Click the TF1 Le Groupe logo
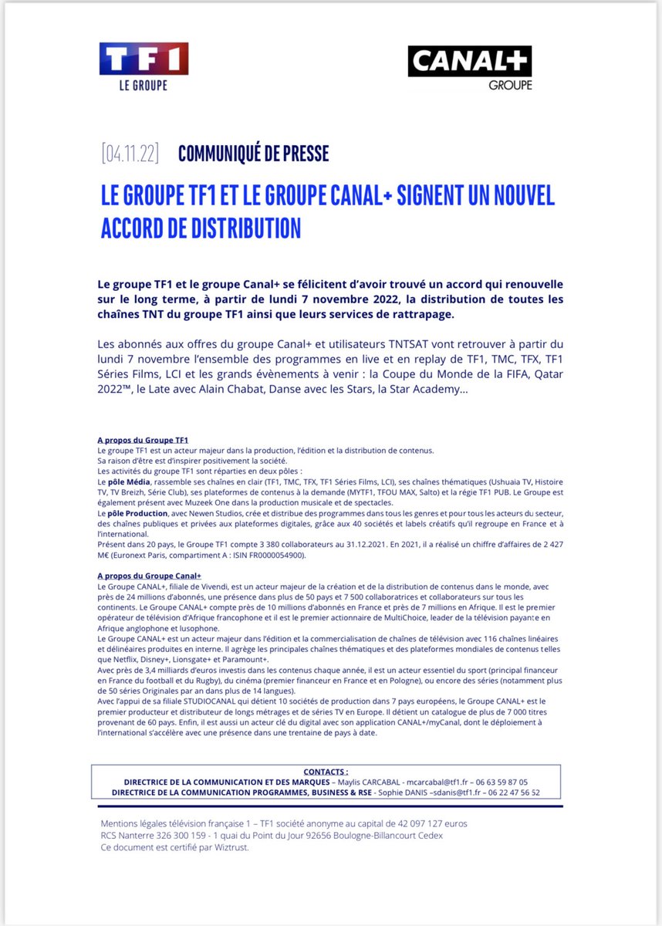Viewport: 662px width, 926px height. point(144,66)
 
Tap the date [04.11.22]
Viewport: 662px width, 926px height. point(130,154)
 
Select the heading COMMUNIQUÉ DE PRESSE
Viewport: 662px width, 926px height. point(253,154)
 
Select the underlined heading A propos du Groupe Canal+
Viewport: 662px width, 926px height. point(149,576)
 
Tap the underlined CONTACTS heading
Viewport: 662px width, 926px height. point(326,771)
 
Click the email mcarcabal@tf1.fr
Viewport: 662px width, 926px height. point(434,782)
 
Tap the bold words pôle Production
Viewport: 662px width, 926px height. point(131,513)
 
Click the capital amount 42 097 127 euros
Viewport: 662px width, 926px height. point(420,824)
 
